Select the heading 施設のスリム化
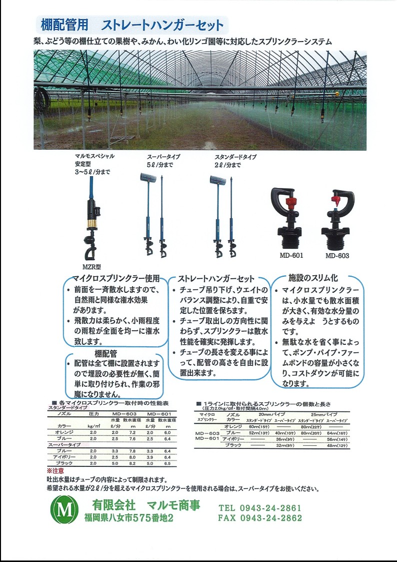click(313, 277)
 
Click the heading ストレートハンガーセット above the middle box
click(216, 279)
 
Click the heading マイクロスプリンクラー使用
click(115, 279)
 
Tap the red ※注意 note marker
click(55, 471)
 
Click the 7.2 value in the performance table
click(132, 432)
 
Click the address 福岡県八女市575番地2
click(129, 519)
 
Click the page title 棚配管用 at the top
click(63, 24)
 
